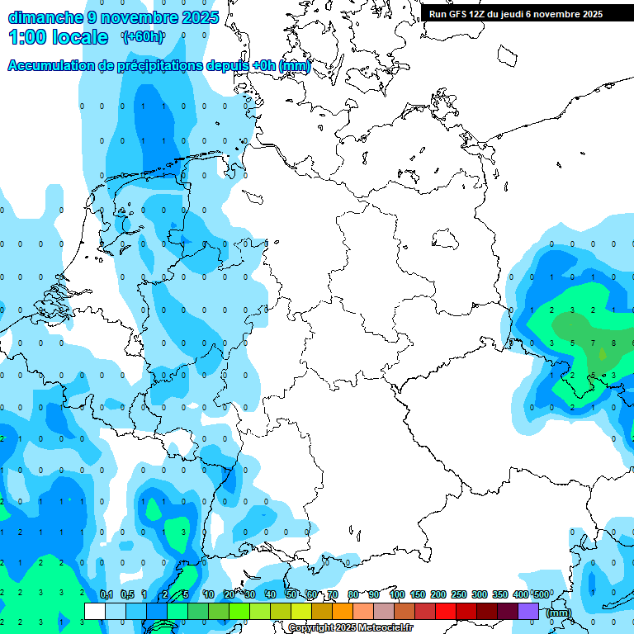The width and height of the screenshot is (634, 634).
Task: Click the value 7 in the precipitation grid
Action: coord(593,343)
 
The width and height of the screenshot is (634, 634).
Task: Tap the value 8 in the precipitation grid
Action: coord(613,343)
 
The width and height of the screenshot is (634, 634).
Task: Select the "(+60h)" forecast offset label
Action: coord(143,36)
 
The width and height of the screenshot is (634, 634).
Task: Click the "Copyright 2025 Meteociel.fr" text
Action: coord(350,628)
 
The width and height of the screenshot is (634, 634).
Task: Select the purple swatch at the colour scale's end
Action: coord(528,611)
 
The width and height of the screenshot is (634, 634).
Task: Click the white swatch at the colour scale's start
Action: coord(95,611)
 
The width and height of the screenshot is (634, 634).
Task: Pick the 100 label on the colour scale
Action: coord(396,594)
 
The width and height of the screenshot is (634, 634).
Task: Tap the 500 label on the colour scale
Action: coord(541,594)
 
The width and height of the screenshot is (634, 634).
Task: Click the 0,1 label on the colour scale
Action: coord(106,594)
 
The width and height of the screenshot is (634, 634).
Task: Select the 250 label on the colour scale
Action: coord(459,594)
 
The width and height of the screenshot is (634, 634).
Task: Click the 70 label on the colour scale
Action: coord(333,594)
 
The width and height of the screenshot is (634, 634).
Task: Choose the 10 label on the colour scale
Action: coord(209,594)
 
